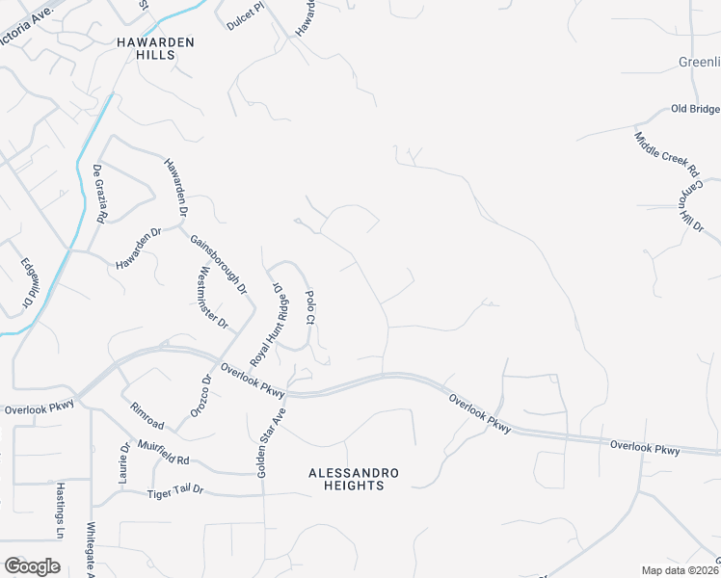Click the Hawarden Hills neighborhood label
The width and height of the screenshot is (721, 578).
[x=154, y=49]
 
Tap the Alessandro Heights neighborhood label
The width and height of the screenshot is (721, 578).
[x=353, y=479]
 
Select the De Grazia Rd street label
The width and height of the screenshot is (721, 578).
[x=99, y=194]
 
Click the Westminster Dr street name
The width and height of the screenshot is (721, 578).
[x=213, y=297]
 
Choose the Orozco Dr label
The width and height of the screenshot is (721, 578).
[x=204, y=392]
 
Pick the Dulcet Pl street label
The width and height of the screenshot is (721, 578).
[x=245, y=22]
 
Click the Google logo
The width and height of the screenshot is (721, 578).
[x=32, y=566]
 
